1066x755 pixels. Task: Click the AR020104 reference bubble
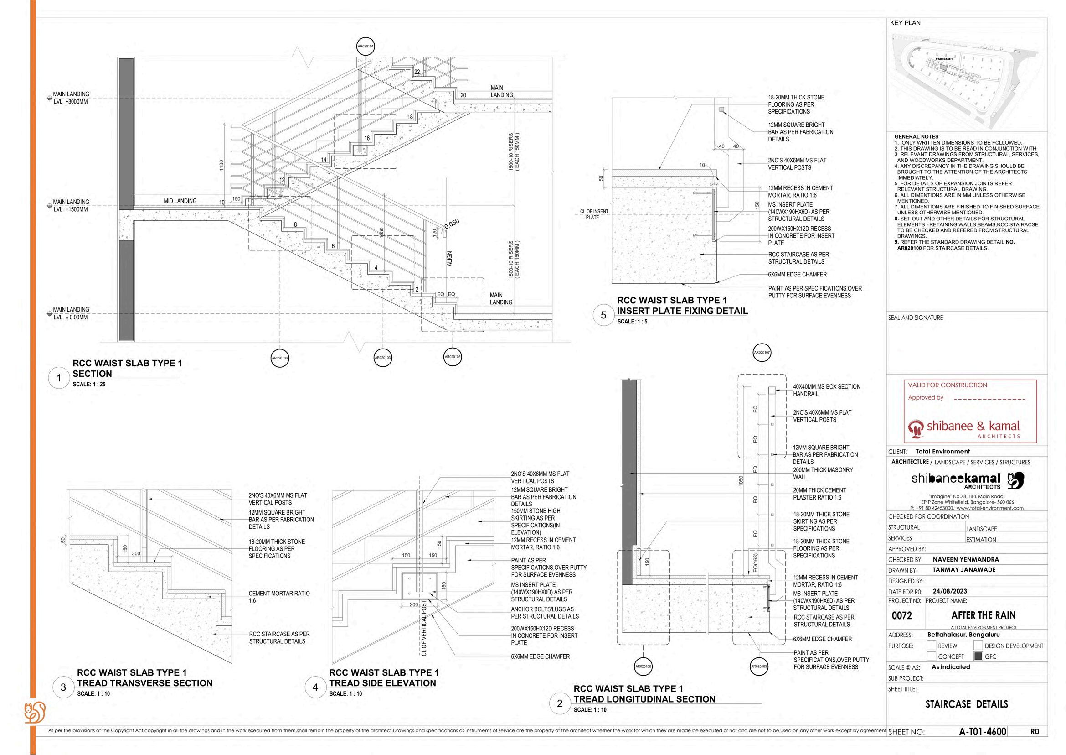click(x=366, y=46)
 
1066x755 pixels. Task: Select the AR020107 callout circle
click(x=762, y=352)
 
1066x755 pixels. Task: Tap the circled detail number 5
click(x=603, y=315)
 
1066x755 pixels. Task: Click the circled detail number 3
click(x=63, y=687)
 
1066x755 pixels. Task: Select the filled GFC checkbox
click(x=978, y=656)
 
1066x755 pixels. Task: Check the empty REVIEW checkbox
click(x=931, y=645)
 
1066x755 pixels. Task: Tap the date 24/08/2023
click(x=949, y=591)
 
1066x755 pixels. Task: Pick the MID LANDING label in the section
click(x=180, y=201)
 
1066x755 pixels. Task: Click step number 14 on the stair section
click(x=324, y=160)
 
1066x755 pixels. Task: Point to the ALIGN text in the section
click(x=449, y=259)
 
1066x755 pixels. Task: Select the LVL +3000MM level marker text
click(x=71, y=102)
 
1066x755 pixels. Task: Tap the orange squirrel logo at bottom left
click(x=35, y=712)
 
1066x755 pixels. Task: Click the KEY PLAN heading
click(x=905, y=23)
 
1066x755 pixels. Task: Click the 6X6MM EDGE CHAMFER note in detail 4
click(x=540, y=656)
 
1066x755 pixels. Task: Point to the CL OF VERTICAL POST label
click(x=423, y=628)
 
